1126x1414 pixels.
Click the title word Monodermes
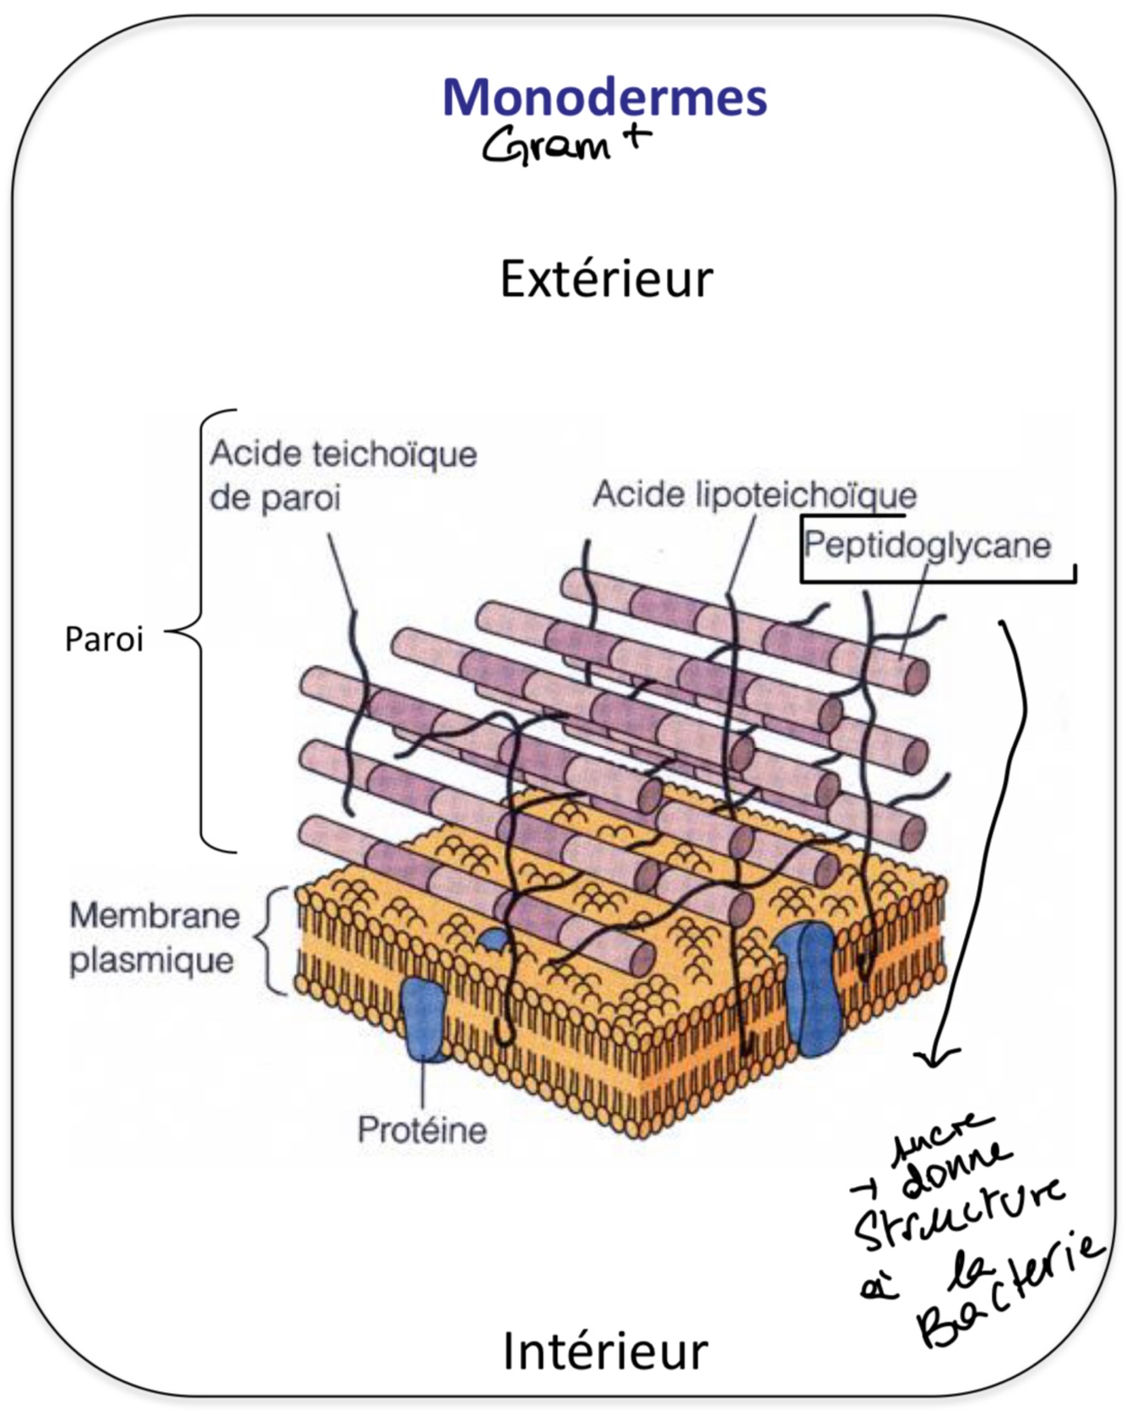click(604, 97)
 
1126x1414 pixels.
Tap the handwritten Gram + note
click(566, 144)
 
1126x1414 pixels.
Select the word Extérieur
click(606, 279)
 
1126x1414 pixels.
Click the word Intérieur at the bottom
click(605, 1351)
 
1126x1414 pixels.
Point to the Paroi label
click(104, 640)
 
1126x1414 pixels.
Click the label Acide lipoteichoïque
click(755, 495)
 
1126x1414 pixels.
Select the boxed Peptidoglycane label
click(927, 544)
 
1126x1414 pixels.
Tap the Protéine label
click(422, 1130)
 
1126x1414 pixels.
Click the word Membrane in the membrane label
click(154, 916)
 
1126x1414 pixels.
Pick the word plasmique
click(151, 961)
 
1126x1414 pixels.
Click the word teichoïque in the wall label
click(395, 454)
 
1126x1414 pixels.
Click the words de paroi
click(275, 498)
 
